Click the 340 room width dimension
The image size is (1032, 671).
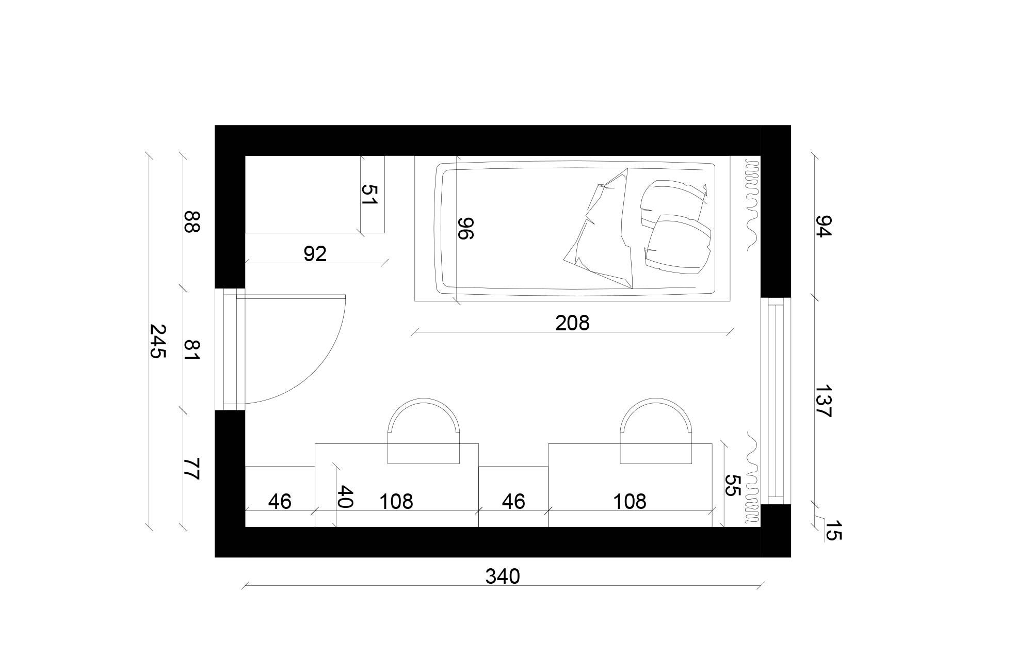coord(502,577)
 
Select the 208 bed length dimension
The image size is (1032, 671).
coord(572,323)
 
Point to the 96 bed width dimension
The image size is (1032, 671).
coord(465,228)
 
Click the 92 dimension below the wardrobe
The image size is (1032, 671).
coord(315,254)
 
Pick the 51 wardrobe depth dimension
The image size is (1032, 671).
coord(369,195)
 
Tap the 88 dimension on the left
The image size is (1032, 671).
coord(191,221)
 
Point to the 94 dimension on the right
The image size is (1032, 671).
coord(824,226)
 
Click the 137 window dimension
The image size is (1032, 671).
coord(824,401)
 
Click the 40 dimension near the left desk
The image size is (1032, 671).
coord(344,497)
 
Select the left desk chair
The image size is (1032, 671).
coord(423,432)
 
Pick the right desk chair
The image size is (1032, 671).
coord(655,432)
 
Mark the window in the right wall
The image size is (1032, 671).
coord(776,401)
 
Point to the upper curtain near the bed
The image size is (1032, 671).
coord(752,204)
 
